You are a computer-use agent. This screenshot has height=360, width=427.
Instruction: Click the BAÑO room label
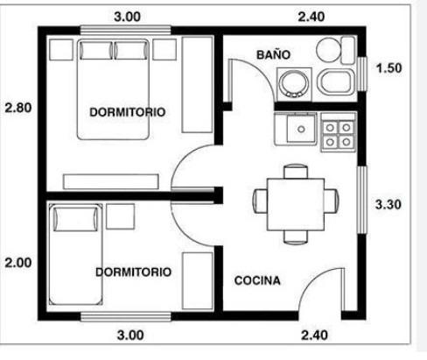coord(273,55)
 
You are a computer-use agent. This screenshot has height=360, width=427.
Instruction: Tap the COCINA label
coord(257,280)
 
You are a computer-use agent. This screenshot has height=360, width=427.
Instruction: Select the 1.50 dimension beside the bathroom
coord(388,68)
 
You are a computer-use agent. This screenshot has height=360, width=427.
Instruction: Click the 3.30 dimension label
coord(388,204)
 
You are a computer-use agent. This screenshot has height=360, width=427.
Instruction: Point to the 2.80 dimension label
coord(18,108)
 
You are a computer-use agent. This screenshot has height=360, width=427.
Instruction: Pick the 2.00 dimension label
coord(18,263)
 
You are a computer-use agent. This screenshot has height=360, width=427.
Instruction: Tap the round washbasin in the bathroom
coord(294,83)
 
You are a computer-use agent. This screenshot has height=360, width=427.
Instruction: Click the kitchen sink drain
coord(301,129)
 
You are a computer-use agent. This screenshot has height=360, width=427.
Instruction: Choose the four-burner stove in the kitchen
coord(339,132)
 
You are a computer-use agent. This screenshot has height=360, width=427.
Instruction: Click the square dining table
coord(296,204)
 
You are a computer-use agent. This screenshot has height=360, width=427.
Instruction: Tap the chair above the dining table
coord(296,172)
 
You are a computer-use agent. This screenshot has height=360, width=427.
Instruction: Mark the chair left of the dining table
coord(260,201)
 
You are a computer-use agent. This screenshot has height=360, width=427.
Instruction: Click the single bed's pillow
coord(75,219)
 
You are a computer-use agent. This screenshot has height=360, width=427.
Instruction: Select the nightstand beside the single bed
coord(121,216)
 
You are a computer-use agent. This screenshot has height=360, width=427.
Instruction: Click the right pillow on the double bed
coord(130,50)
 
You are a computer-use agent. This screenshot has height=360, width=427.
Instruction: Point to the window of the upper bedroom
coord(126,30)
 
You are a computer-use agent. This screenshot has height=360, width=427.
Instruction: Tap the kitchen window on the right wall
coord(362,200)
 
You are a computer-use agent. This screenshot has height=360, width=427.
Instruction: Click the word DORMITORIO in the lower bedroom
coord(133,272)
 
